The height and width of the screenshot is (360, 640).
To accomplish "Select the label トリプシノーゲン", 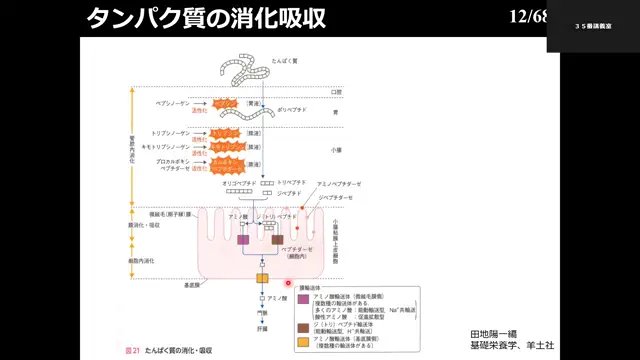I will pos(172,132).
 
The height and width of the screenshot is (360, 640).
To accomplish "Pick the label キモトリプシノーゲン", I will pos(168,146).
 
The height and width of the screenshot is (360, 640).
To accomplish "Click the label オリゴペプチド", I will pos(240,184).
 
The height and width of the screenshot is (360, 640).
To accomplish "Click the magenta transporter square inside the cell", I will pos(242,240).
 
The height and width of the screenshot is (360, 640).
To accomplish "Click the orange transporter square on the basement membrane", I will pos(262,277).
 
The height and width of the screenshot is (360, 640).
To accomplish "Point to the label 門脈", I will pos(262,313).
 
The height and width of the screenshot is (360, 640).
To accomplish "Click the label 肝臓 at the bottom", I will pos(262,329).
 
